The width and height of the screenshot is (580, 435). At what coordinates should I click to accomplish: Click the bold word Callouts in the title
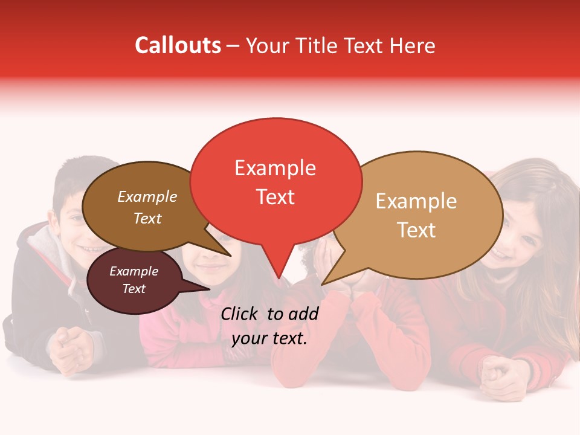point(178,45)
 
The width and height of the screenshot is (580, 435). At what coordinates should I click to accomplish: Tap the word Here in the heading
point(413,46)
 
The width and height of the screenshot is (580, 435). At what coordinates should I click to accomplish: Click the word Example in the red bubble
point(275,168)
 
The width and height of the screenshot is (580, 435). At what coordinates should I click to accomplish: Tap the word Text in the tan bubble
point(416,230)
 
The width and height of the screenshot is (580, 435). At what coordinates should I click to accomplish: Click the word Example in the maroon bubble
point(134,271)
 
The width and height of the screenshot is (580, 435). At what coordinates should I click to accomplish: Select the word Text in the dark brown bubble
point(147,219)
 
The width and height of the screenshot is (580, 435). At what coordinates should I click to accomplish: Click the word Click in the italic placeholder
point(240,314)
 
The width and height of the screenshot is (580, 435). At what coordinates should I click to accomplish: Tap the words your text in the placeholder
point(269,339)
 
